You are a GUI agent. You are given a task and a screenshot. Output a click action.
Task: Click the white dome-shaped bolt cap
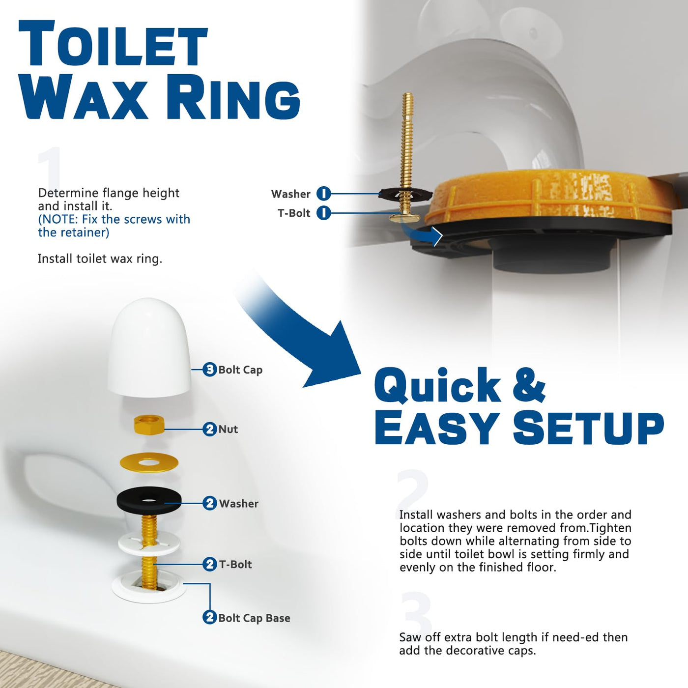149,347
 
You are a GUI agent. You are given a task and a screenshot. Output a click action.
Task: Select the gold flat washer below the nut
149,463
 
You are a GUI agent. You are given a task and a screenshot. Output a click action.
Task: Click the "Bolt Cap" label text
240,370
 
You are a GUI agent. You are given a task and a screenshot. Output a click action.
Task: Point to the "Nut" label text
228,429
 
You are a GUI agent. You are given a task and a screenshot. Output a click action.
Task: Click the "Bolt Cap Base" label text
254,618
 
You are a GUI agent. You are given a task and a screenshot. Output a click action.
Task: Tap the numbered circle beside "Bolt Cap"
209,370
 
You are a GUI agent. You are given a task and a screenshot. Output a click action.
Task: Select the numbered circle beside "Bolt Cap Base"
209,617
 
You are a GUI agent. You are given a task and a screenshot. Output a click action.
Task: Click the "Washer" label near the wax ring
290,194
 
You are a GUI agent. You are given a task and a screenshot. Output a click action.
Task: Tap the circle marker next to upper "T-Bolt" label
323,213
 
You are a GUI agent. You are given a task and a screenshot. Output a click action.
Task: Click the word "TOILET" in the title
114,44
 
